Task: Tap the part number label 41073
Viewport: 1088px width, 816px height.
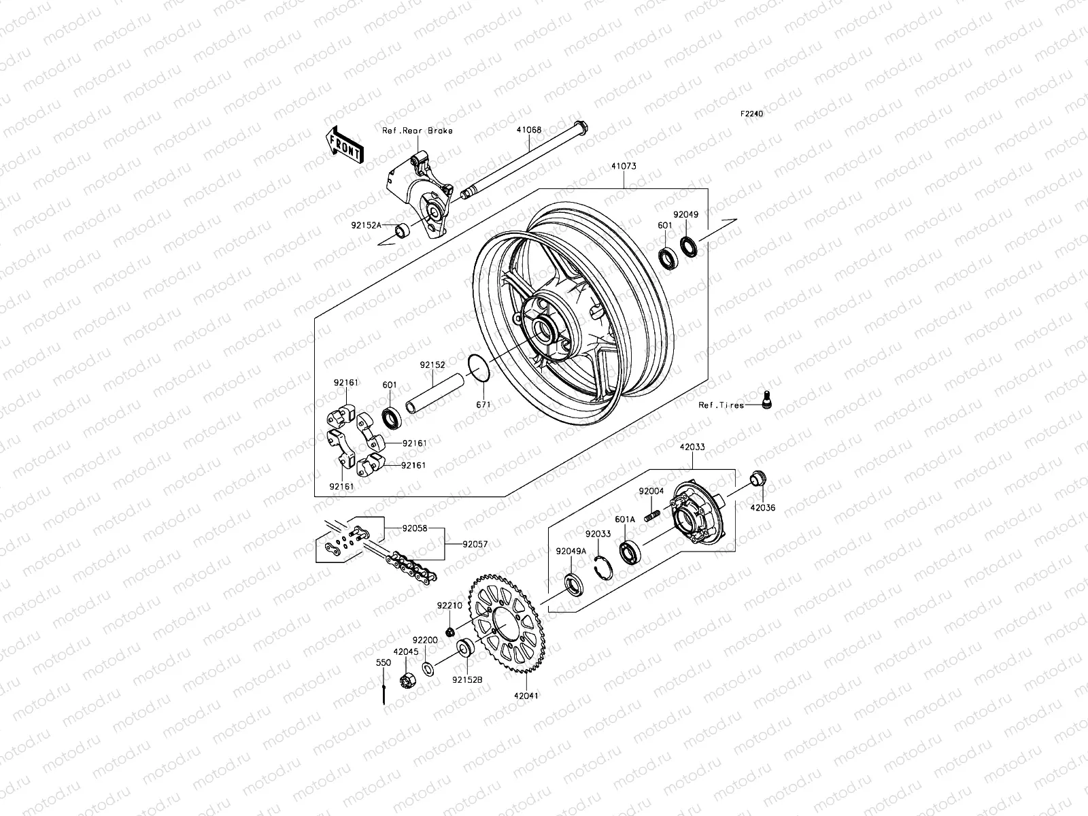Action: click(x=623, y=166)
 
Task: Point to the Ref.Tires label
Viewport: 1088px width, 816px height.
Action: click(x=721, y=405)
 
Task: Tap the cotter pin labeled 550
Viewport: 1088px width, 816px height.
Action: click(x=384, y=694)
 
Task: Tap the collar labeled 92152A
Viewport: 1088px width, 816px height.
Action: click(x=403, y=231)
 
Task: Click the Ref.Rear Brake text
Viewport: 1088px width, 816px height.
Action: click(x=426, y=131)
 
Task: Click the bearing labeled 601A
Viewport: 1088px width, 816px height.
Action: click(x=630, y=552)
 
